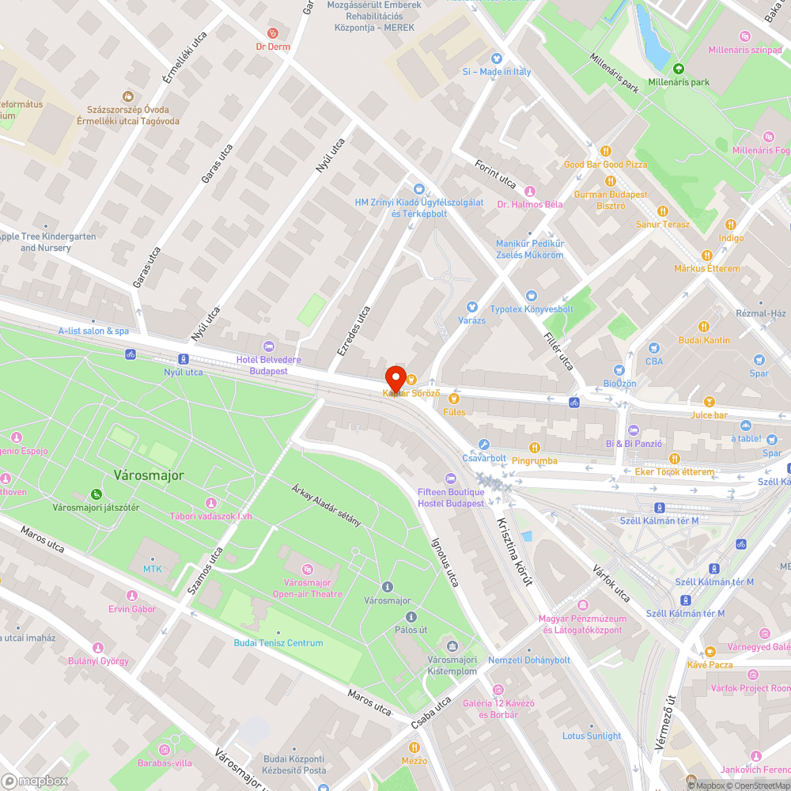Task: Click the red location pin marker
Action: click(x=395, y=377)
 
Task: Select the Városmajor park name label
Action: click(x=149, y=475)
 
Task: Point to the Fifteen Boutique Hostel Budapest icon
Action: click(x=452, y=479)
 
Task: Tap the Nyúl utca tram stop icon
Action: click(x=184, y=358)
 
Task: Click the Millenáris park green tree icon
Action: click(x=678, y=68)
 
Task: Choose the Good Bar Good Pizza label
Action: click(x=605, y=165)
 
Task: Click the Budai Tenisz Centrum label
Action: click(x=278, y=643)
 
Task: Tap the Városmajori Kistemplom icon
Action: click(x=452, y=646)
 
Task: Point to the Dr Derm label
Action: click(x=273, y=47)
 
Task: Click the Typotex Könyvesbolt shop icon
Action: click(x=531, y=295)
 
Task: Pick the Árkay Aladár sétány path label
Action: click(x=327, y=505)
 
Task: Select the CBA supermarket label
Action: click(x=653, y=361)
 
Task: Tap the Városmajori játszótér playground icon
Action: click(x=96, y=494)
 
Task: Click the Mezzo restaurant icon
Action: click(x=414, y=747)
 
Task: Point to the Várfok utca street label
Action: click(x=611, y=582)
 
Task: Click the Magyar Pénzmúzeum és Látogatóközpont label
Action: click(x=582, y=624)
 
